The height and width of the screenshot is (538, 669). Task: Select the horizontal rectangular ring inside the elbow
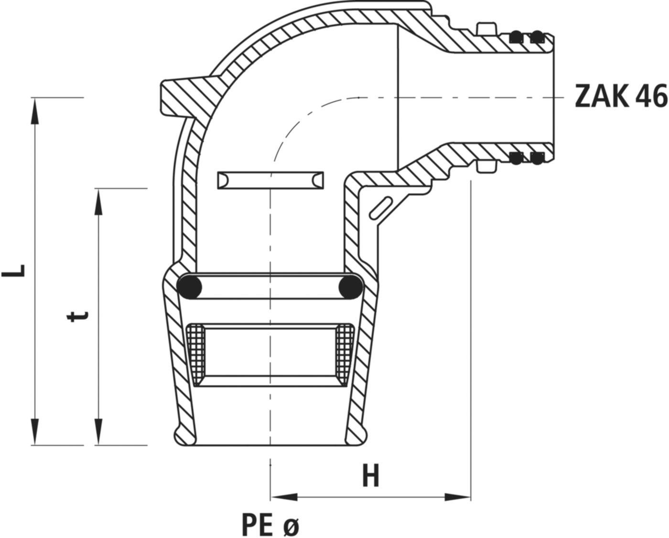(x=270, y=180)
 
